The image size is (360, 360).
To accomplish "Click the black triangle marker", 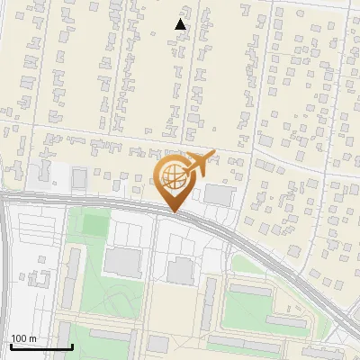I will point(181,24).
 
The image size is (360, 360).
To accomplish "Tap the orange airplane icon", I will point(199,164).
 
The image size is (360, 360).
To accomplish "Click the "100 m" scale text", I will point(23,338).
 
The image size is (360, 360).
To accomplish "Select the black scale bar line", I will point(41,346).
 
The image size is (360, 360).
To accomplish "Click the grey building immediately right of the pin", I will point(217,194).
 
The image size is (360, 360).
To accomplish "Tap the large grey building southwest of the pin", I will point(123,262).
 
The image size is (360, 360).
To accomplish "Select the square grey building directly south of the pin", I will point(181,269).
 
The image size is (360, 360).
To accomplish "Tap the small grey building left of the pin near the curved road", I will point(79,180).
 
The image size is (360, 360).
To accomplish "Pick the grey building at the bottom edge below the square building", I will point(158,343).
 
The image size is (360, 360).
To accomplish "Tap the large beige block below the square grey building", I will point(180,310).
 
